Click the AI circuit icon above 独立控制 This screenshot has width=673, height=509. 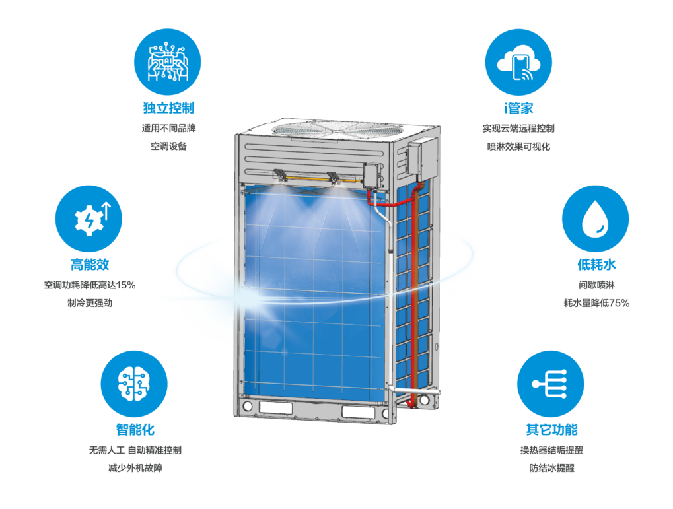167,62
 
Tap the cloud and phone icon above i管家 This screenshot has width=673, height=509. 518,62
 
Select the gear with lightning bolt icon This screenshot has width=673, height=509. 89,219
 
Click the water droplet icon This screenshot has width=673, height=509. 595,219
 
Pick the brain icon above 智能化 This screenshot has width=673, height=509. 134,384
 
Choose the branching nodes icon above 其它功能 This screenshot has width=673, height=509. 551,384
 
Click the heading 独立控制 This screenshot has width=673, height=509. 168,108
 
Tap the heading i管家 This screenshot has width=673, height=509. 518,108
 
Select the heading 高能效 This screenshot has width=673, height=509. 90,264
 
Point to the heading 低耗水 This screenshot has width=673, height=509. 596,264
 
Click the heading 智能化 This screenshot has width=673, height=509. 135,430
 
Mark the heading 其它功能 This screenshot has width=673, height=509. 551,430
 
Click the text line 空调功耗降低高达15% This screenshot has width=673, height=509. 90,285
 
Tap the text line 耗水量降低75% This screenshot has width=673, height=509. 596,303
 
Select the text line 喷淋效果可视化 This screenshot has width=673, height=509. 518,147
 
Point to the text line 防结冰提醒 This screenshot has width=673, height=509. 551,468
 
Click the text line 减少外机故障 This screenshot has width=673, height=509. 135,468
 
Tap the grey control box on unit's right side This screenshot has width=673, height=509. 423,158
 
